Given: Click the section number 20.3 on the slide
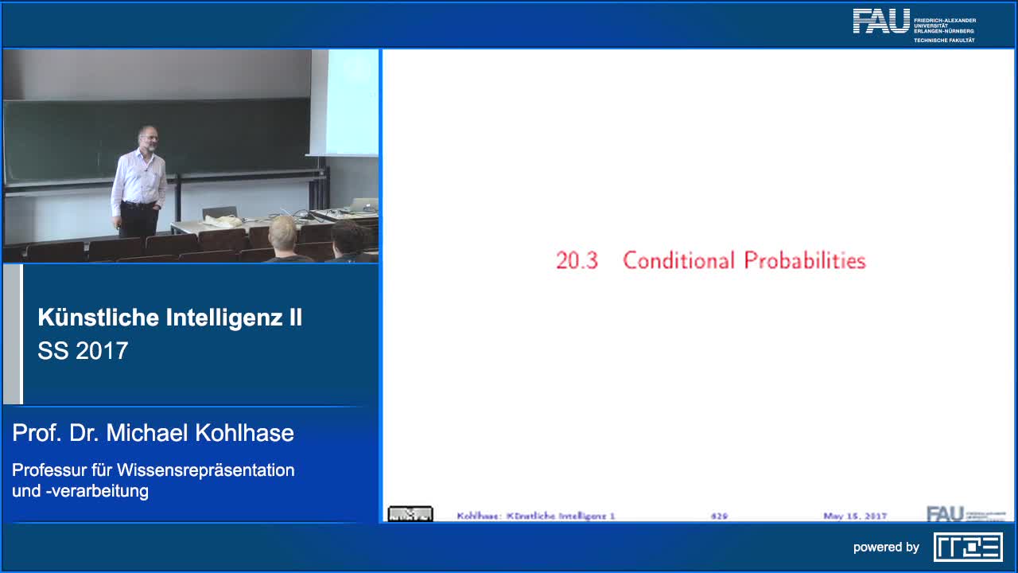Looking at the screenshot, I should pos(577,261).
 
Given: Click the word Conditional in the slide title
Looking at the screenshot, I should pos(678,261).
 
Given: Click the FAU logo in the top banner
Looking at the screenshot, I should pos(881,21).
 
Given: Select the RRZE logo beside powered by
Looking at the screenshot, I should pos(968,547).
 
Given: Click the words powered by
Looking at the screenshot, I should pos(886,548).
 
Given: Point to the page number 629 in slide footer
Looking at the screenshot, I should pos(719,516).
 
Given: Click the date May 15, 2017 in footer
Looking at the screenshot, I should pos(855,516).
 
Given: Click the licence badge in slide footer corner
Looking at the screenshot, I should pos(410,514).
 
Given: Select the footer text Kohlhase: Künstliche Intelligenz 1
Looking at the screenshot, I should pos(536,516).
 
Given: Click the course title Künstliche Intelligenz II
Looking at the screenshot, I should pos(169,318).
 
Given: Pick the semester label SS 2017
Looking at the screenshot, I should pos(83,351).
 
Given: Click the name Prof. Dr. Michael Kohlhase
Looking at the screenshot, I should pos(153,433).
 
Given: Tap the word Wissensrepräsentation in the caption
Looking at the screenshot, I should pos(206,470).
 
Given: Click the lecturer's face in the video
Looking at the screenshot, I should pos(147,136).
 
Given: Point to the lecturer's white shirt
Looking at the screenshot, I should pos(138,179).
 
